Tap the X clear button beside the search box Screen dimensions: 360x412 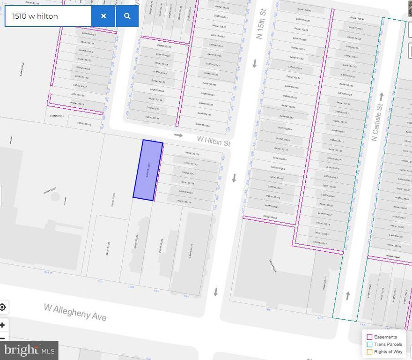[103, 16]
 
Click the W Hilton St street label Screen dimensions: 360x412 [214, 140]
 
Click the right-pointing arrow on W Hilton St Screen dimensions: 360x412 [178, 135]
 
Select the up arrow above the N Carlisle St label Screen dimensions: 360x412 [381, 97]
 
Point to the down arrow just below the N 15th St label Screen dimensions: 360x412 [255, 64]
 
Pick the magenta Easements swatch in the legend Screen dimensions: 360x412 [369, 337]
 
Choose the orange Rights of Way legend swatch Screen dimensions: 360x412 [369, 352]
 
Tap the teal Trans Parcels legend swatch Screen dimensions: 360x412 [369, 344]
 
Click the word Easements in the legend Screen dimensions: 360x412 [385, 337]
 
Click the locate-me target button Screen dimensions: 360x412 [3, 307]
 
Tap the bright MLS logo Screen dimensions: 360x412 [29, 350]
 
